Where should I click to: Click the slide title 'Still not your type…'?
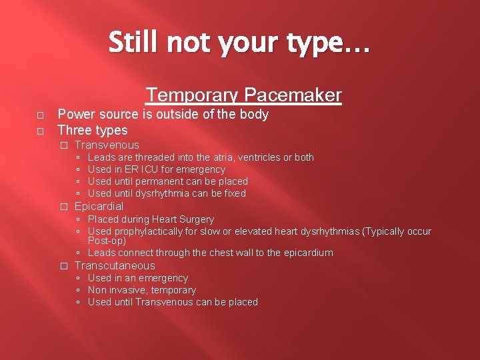239,43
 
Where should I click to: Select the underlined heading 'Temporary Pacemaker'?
244,95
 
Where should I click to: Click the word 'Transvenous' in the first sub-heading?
107,145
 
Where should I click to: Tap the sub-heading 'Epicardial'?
99,206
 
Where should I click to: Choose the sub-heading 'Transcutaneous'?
115,265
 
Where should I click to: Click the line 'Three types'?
93,129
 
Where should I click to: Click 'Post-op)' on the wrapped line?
107,241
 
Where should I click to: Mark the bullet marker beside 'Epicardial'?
64,207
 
